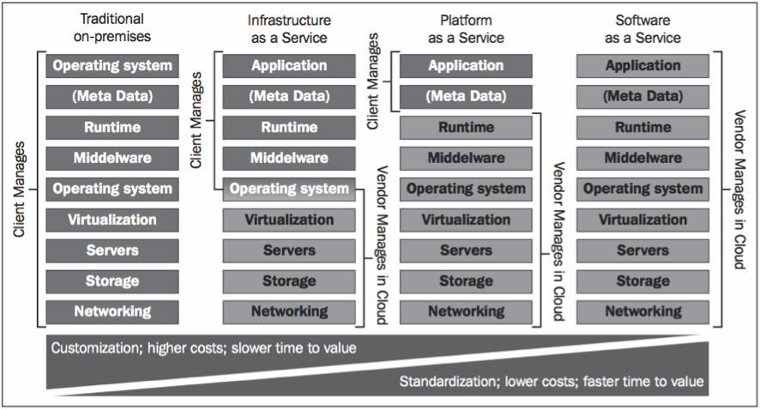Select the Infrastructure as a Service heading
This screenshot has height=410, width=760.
(x=289, y=27)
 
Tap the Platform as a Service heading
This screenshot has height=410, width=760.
(x=467, y=27)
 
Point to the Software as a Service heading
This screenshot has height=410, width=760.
(x=642, y=27)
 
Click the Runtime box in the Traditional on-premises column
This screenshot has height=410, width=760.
(x=112, y=127)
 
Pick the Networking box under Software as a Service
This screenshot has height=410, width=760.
(x=642, y=311)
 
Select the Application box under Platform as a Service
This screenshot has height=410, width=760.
(x=466, y=65)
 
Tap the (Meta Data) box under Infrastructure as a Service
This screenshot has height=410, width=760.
(x=289, y=96)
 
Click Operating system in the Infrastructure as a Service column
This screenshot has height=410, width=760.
(x=289, y=189)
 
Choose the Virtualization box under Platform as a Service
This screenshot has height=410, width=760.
(x=466, y=220)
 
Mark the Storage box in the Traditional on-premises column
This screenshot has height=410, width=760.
(x=112, y=280)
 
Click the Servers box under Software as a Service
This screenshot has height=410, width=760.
(x=642, y=250)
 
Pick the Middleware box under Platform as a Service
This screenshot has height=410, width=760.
(x=466, y=158)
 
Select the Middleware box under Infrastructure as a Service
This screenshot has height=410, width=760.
(x=289, y=158)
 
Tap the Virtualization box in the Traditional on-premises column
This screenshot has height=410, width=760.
(x=112, y=220)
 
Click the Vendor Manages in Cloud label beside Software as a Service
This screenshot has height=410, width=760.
(x=738, y=189)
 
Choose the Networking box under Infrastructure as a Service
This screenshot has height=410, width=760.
(x=289, y=311)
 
